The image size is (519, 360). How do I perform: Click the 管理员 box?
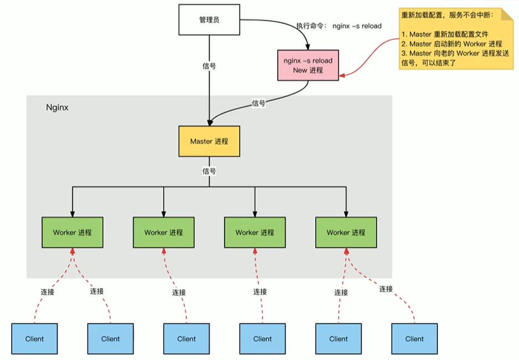tap(209, 19)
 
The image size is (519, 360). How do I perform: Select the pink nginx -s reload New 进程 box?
tap(308, 65)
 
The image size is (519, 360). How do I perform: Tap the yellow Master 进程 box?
tap(209, 141)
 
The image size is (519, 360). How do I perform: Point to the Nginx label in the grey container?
tap(57, 108)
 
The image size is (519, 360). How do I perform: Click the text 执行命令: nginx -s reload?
tap(339, 26)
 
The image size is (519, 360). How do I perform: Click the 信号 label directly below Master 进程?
tap(209, 171)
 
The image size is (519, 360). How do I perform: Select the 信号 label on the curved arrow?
tap(258, 103)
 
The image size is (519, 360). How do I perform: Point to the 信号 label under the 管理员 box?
tap(209, 65)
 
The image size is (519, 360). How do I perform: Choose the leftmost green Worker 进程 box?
tap(72, 232)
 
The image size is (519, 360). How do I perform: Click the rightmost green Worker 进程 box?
tap(345, 232)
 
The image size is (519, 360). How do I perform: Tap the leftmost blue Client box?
tap(34, 338)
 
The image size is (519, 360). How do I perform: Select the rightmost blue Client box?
tap(414, 338)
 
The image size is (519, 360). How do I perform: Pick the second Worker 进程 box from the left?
tap(163, 232)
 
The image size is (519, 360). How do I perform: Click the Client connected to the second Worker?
tap(186, 338)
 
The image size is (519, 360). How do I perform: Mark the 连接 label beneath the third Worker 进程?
tap(260, 292)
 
